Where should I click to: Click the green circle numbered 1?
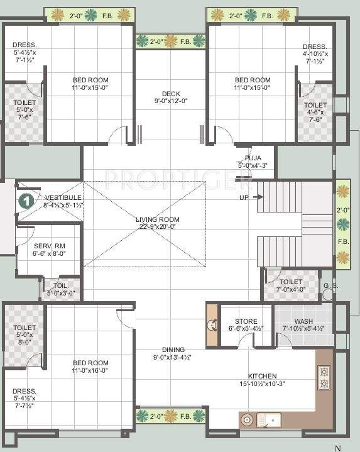pos(26,201)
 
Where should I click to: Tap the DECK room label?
pos(171,94)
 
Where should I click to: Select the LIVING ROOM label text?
pos(157,219)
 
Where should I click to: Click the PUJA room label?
pos(253,158)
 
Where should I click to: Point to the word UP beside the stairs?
pos(244,197)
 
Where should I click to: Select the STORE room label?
pos(246,321)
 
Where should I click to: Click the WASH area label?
pos(303,321)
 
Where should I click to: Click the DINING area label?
pos(172,350)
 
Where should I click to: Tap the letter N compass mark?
pos(337,448)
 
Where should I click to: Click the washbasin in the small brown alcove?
pos(211,324)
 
